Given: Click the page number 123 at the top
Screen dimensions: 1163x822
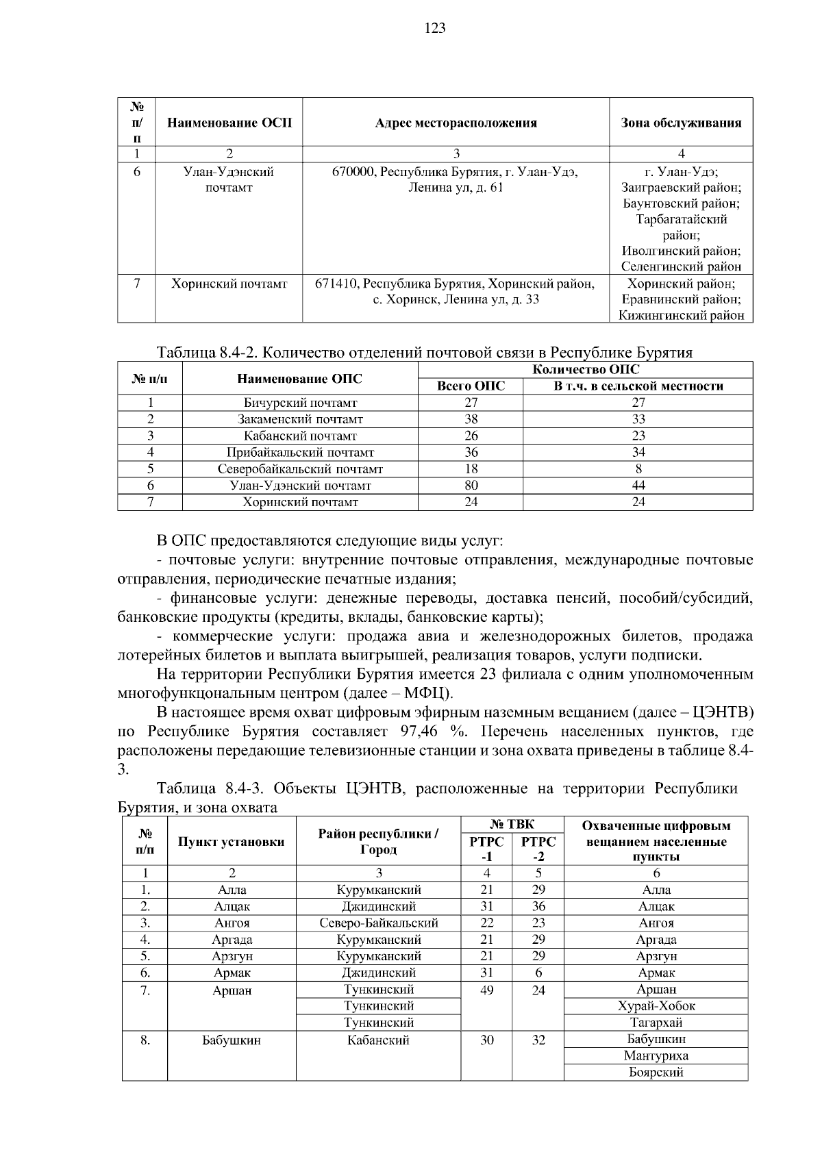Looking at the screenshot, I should (x=435, y=28).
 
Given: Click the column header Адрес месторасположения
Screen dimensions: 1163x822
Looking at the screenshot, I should (x=456, y=123).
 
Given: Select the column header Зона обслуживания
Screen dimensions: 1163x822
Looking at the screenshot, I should (x=681, y=123).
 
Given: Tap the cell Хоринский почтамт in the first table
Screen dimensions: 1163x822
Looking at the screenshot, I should (x=229, y=284).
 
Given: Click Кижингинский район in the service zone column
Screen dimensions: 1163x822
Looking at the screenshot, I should (x=681, y=316).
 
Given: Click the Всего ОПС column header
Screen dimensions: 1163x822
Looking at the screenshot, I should (x=471, y=386).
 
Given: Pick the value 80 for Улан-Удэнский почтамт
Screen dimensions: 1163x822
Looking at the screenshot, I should (x=471, y=486).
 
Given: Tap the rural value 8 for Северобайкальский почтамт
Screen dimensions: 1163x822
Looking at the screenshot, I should (x=638, y=469).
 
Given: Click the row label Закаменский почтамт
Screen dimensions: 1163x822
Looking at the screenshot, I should (x=300, y=419).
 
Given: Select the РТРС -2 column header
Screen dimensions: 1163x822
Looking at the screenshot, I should (x=538, y=848).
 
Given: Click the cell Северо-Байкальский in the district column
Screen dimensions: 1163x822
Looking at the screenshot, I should (x=379, y=923).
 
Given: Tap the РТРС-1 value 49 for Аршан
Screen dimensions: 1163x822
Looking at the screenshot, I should (x=486, y=990).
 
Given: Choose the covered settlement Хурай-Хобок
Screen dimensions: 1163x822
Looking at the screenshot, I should (x=656, y=1006).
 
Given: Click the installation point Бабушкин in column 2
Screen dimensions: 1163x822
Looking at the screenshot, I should (x=232, y=1040).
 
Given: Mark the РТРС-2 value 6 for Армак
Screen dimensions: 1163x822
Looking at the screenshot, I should (x=538, y=973).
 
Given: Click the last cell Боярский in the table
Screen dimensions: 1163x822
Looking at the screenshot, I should (x=656, y=1073).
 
